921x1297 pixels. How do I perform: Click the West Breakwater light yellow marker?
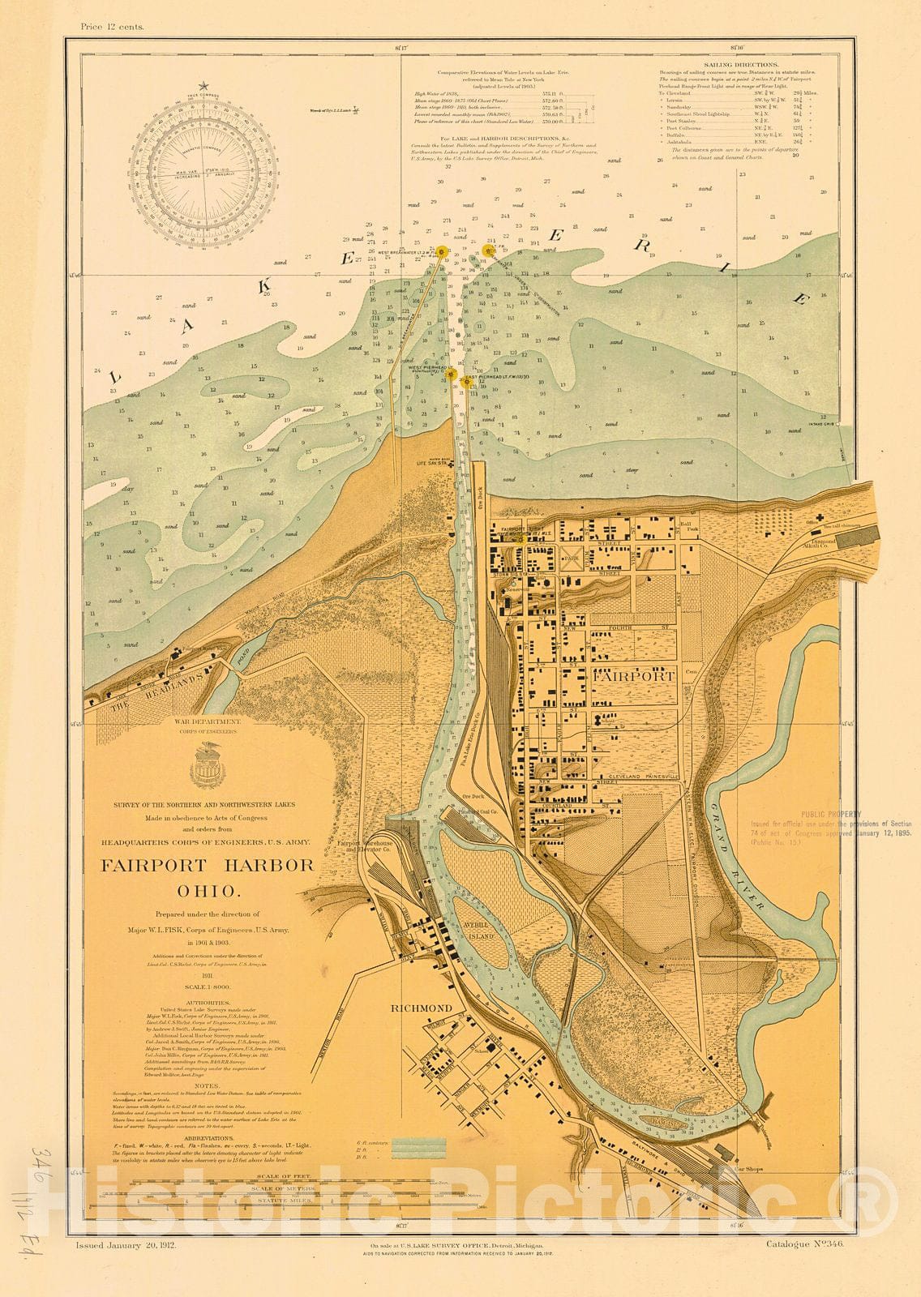point(443,252)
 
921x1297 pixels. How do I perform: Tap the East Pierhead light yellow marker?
point(465,379)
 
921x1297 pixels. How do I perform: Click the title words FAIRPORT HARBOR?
point(207,865)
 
